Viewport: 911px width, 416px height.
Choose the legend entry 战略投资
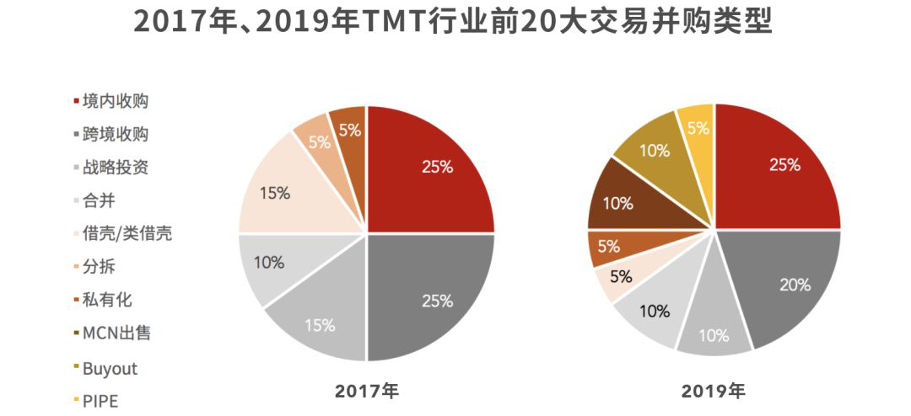pyautogui.click(x=116, y=167)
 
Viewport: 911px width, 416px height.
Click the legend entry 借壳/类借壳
pyautogui.click(x=127, y=233)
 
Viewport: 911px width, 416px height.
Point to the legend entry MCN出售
pyautogui.click(x=116, y=333)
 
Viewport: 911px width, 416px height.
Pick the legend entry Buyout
pyautogui.click(x=110, y=368)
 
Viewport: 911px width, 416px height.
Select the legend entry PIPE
pyautogui.click(x=100, y=401)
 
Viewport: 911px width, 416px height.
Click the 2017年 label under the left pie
pyautogui.click(x=366, y=391)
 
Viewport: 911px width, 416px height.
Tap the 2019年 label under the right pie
pyautogui.click(x=714, y=391)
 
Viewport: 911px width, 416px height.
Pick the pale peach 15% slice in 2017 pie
pyautogui.click(x=283, y=189)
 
